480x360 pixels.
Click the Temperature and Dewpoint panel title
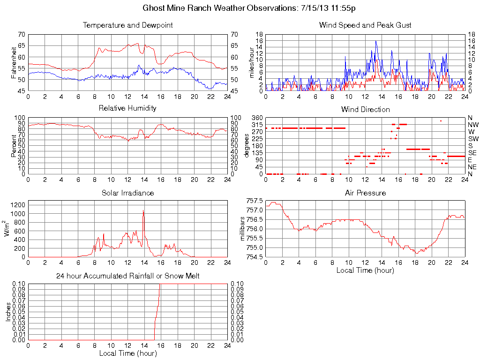(x=127, y=25)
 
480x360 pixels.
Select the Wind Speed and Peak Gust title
(x=365, y=25)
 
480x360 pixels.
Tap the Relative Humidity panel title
(x=127, y=108)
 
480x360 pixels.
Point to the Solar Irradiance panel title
(x=127, y=193)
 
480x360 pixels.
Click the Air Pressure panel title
(x=365, y=193)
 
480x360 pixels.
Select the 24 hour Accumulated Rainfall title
(x=127, y=276)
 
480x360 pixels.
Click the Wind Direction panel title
(x=365, y=109)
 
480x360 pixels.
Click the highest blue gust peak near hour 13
(x=375, y=41)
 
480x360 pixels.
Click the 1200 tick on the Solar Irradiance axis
(x=18, y=205)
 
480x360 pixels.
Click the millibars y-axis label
(x=243, y=229)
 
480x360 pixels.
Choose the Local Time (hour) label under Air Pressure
(x=365, y=270)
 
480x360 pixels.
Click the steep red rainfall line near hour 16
(x=157, y=309)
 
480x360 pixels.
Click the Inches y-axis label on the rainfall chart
(x=8, y=312)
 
